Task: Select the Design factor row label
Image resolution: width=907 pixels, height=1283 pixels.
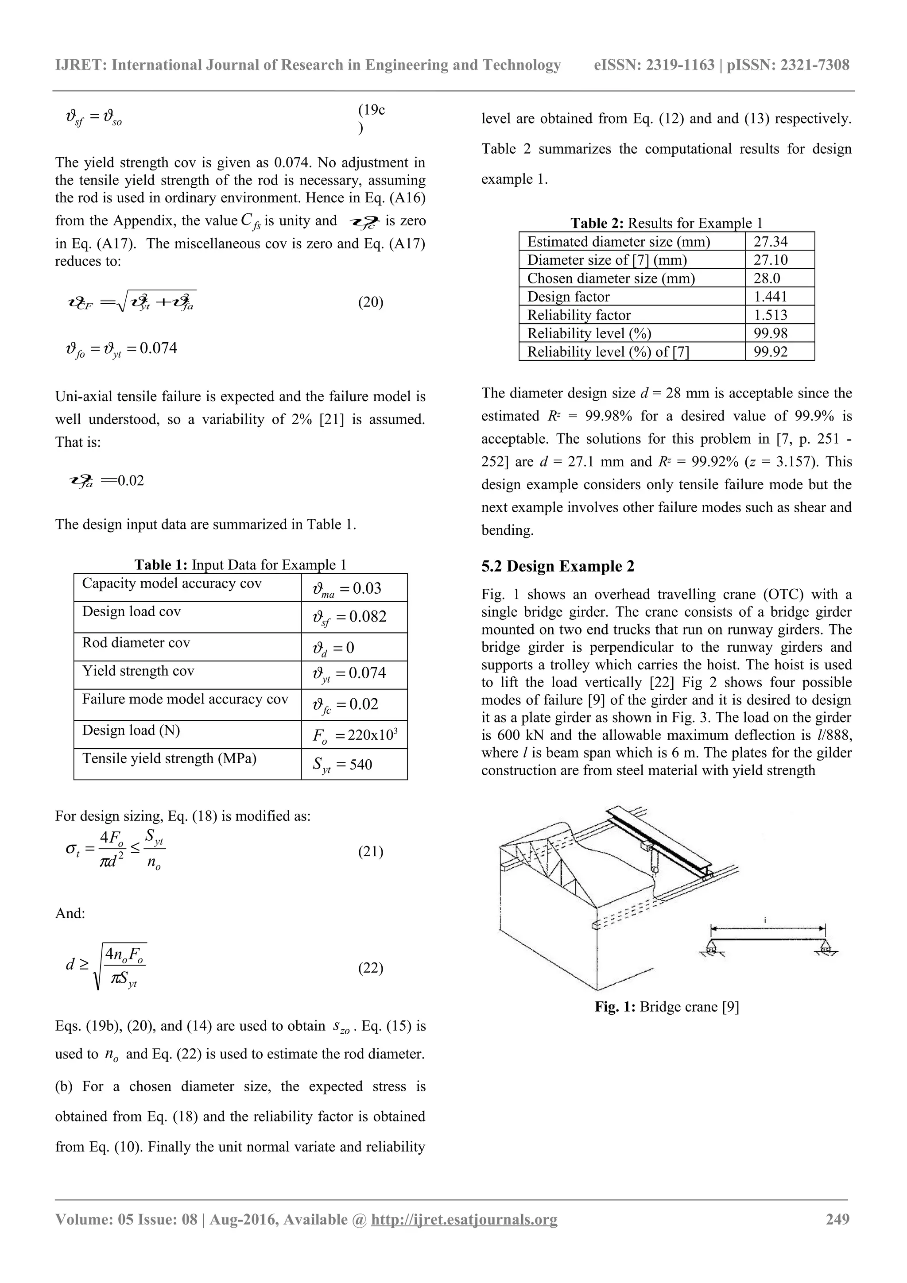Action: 568,297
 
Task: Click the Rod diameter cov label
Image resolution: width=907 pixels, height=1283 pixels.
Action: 136,643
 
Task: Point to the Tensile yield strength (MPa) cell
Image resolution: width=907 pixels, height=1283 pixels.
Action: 169,758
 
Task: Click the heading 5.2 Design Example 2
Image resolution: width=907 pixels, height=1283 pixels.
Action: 558,566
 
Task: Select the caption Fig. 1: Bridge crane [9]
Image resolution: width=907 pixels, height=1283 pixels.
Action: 667,1006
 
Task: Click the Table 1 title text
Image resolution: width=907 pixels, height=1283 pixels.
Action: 240,564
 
